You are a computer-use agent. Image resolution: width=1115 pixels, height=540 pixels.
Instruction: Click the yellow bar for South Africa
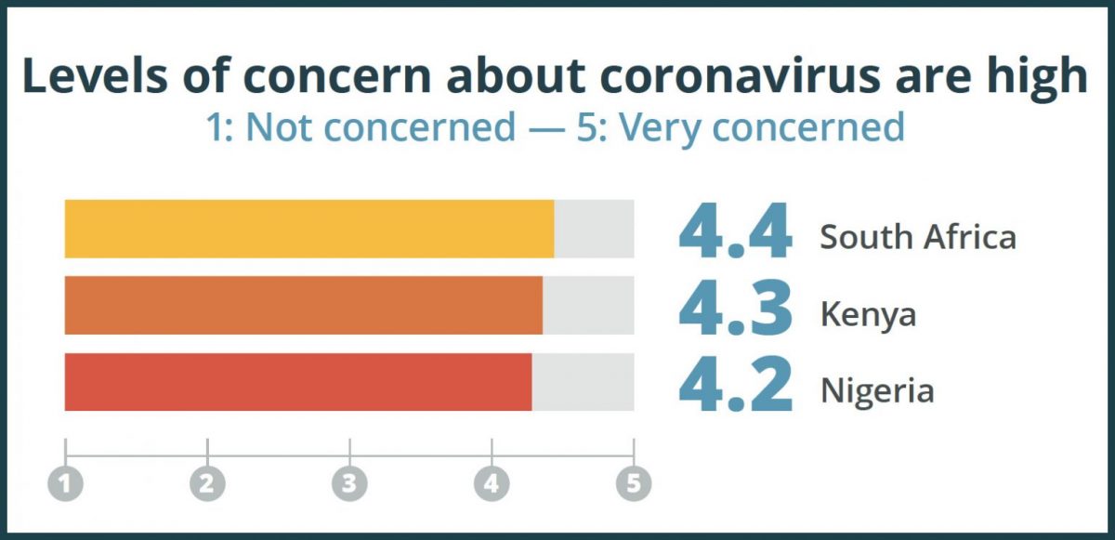tap(309, 229)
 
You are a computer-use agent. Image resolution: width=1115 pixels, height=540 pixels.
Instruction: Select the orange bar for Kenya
tap(304, 305)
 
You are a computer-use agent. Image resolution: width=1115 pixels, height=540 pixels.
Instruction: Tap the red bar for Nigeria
tap(298, 382)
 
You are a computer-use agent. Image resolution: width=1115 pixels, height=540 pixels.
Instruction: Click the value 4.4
tap(735, 233)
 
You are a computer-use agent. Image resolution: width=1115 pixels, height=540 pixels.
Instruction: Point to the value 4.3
tap(735, 310)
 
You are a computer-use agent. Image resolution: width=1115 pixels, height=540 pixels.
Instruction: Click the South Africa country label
tap(917, 237)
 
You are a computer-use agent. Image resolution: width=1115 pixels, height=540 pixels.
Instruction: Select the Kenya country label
tap(867, 314)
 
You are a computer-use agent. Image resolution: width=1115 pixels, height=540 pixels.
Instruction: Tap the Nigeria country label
tap(876, 390)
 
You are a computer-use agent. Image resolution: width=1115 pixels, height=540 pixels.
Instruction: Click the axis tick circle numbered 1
tap(65, 482)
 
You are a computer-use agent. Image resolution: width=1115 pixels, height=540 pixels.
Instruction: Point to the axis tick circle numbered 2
tap(207, 482)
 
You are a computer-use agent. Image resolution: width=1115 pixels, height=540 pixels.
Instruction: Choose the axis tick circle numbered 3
tap(349, 482)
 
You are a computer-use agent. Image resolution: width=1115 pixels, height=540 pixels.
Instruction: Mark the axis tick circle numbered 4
tap(492, 482)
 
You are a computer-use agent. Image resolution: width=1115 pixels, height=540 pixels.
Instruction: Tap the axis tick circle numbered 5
tap(634, 482)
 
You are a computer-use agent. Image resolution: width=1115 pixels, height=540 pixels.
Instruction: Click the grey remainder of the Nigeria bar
tap(583, 382)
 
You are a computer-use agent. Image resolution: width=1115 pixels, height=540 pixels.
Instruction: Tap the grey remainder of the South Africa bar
tap(594, 229)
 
